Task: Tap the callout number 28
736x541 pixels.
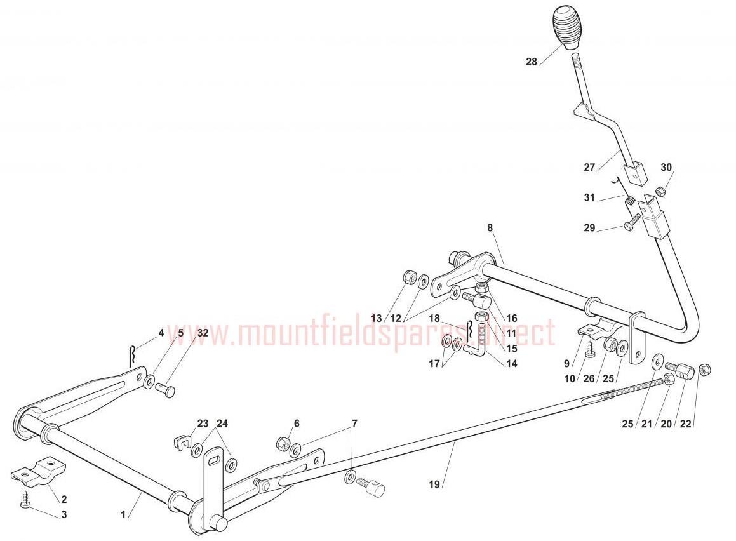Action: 532,62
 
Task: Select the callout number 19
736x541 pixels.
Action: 434,484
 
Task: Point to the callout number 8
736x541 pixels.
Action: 490,228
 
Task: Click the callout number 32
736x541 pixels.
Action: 203,333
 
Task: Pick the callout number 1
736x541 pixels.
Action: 123,515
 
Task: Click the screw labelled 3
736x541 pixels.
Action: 25,498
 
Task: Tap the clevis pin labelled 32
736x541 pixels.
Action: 165,389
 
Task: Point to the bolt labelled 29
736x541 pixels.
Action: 632,222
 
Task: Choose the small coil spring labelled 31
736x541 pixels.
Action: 631,201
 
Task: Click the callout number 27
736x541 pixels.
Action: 589,167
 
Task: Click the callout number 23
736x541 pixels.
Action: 203,424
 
